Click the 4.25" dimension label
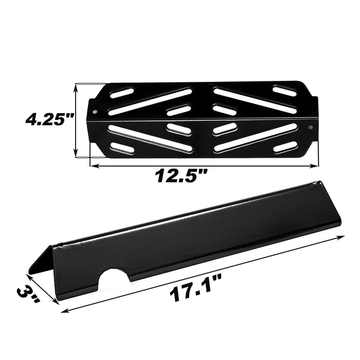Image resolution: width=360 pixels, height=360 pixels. coord(49,120)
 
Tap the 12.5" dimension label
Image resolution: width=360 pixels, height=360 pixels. coord(181,175)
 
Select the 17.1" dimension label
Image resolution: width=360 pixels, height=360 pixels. coord(195,287)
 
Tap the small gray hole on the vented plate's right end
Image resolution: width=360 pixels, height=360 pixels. coord(311,127)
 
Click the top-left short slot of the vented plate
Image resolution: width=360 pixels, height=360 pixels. coord(122,93)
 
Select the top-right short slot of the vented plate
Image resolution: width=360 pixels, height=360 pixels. coord(284,91)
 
